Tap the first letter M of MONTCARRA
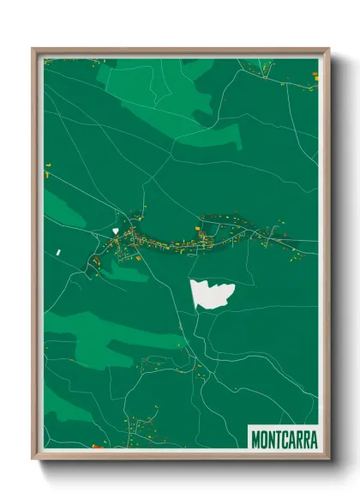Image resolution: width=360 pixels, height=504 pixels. point(255,439)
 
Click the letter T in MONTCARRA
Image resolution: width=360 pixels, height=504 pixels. point(278,439)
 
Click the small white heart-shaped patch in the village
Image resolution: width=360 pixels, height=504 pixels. point(114,231)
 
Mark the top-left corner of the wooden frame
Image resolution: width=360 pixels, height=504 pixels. point(33,49)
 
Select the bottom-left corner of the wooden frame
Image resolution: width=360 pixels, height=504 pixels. point(33,458)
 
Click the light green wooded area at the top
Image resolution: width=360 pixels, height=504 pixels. point(154,86)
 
